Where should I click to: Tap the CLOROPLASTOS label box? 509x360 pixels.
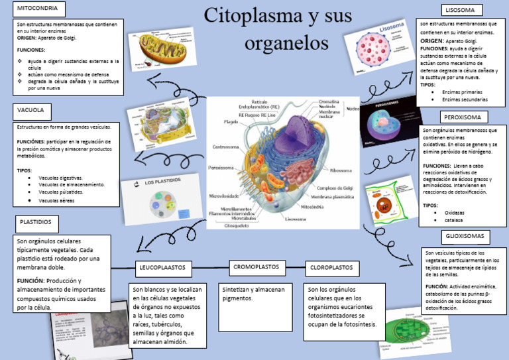[x=331, y=268]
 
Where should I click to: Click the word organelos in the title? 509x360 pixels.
[x=286, y=43]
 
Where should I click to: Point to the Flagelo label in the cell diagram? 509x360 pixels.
[x=231, y=122]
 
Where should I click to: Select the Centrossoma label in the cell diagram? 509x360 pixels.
[x=225, y=147]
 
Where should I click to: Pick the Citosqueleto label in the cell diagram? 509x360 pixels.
[x=236, y=225]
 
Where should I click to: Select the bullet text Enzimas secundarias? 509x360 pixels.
[x=464, y=99]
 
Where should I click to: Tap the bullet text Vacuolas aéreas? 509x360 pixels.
[x=61, y=200]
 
